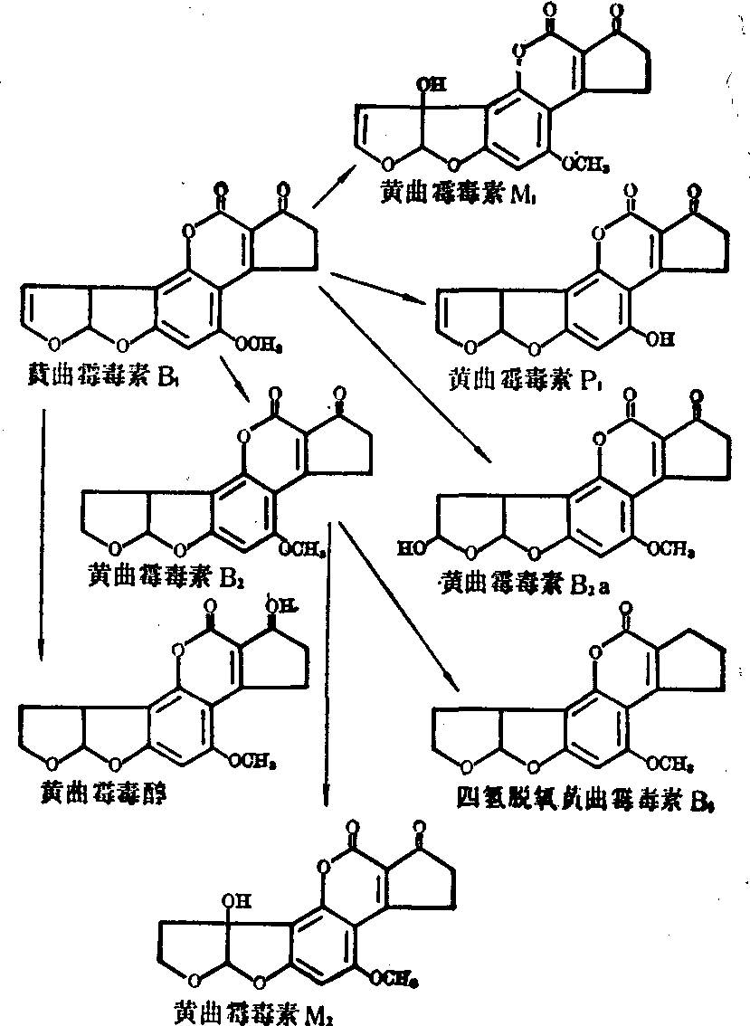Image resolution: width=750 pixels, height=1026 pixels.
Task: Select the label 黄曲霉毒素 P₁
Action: coord(517,377)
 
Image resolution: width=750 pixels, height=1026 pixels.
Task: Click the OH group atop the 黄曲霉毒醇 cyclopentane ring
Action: coord(276,602)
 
